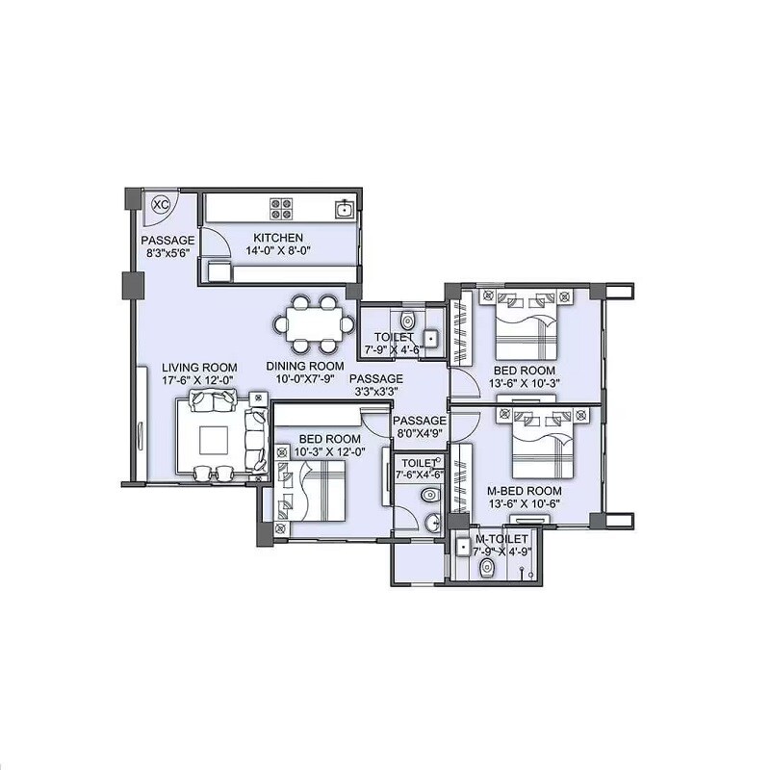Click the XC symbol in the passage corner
161,204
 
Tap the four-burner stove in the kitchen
281,208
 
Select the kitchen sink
344,207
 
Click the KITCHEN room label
278,238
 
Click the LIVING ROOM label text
199,367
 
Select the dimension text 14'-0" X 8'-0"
278,251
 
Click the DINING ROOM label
305,367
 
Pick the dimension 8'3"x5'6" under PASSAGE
167,253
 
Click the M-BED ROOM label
525,491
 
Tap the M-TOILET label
501,540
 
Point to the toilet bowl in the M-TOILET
487,568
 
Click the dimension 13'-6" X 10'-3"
525,383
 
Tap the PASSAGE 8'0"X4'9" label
420,427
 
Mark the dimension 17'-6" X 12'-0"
199,380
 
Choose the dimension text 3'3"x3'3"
376,393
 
